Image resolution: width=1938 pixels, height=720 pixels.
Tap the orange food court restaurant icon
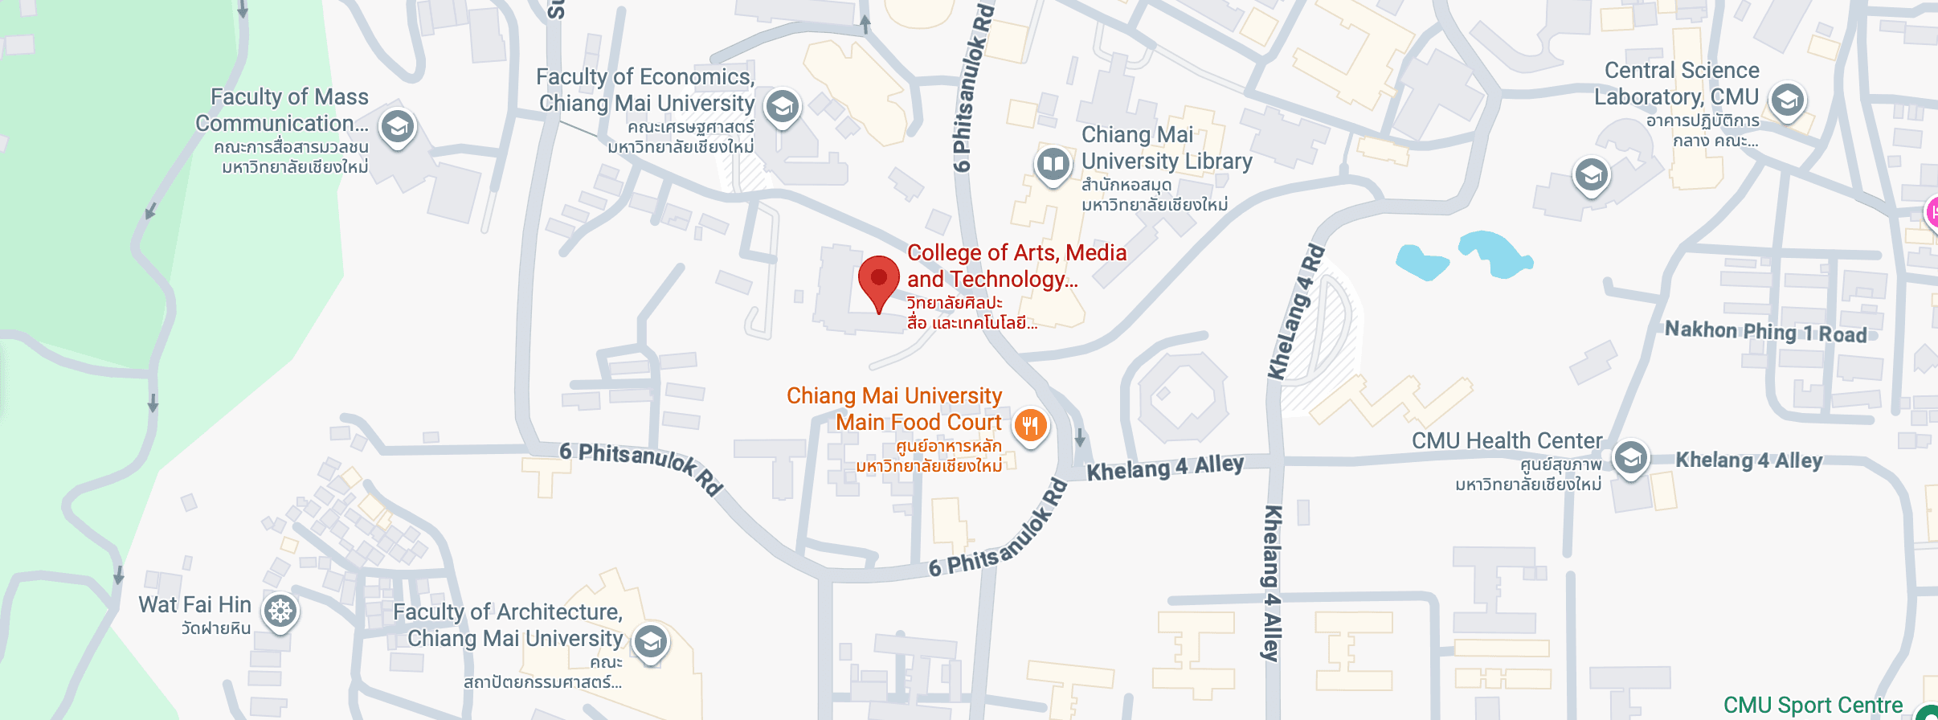1030,425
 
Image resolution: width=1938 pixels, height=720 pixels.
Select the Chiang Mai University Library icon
1053,165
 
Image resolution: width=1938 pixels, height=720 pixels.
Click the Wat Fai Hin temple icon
280,612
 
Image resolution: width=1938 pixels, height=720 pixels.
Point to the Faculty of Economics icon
782,106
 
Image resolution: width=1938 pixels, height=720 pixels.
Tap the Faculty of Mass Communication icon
397,126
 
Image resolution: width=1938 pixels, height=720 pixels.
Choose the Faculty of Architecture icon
650,641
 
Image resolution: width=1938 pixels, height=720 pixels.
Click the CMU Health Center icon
1630,458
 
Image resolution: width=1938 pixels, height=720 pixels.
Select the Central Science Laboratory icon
1787,100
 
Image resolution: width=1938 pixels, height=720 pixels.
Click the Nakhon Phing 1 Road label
1765,332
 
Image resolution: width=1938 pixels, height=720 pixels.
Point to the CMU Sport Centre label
1813,705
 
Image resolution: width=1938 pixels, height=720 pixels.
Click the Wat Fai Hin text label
194,604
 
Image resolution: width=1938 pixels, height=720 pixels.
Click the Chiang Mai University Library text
1166,148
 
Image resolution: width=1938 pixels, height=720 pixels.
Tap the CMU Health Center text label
1507,440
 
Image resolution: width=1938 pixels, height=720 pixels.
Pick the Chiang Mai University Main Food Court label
894,409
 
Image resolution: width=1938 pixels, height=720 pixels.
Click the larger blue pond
1497,254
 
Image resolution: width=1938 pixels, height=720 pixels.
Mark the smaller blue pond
1422,262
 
